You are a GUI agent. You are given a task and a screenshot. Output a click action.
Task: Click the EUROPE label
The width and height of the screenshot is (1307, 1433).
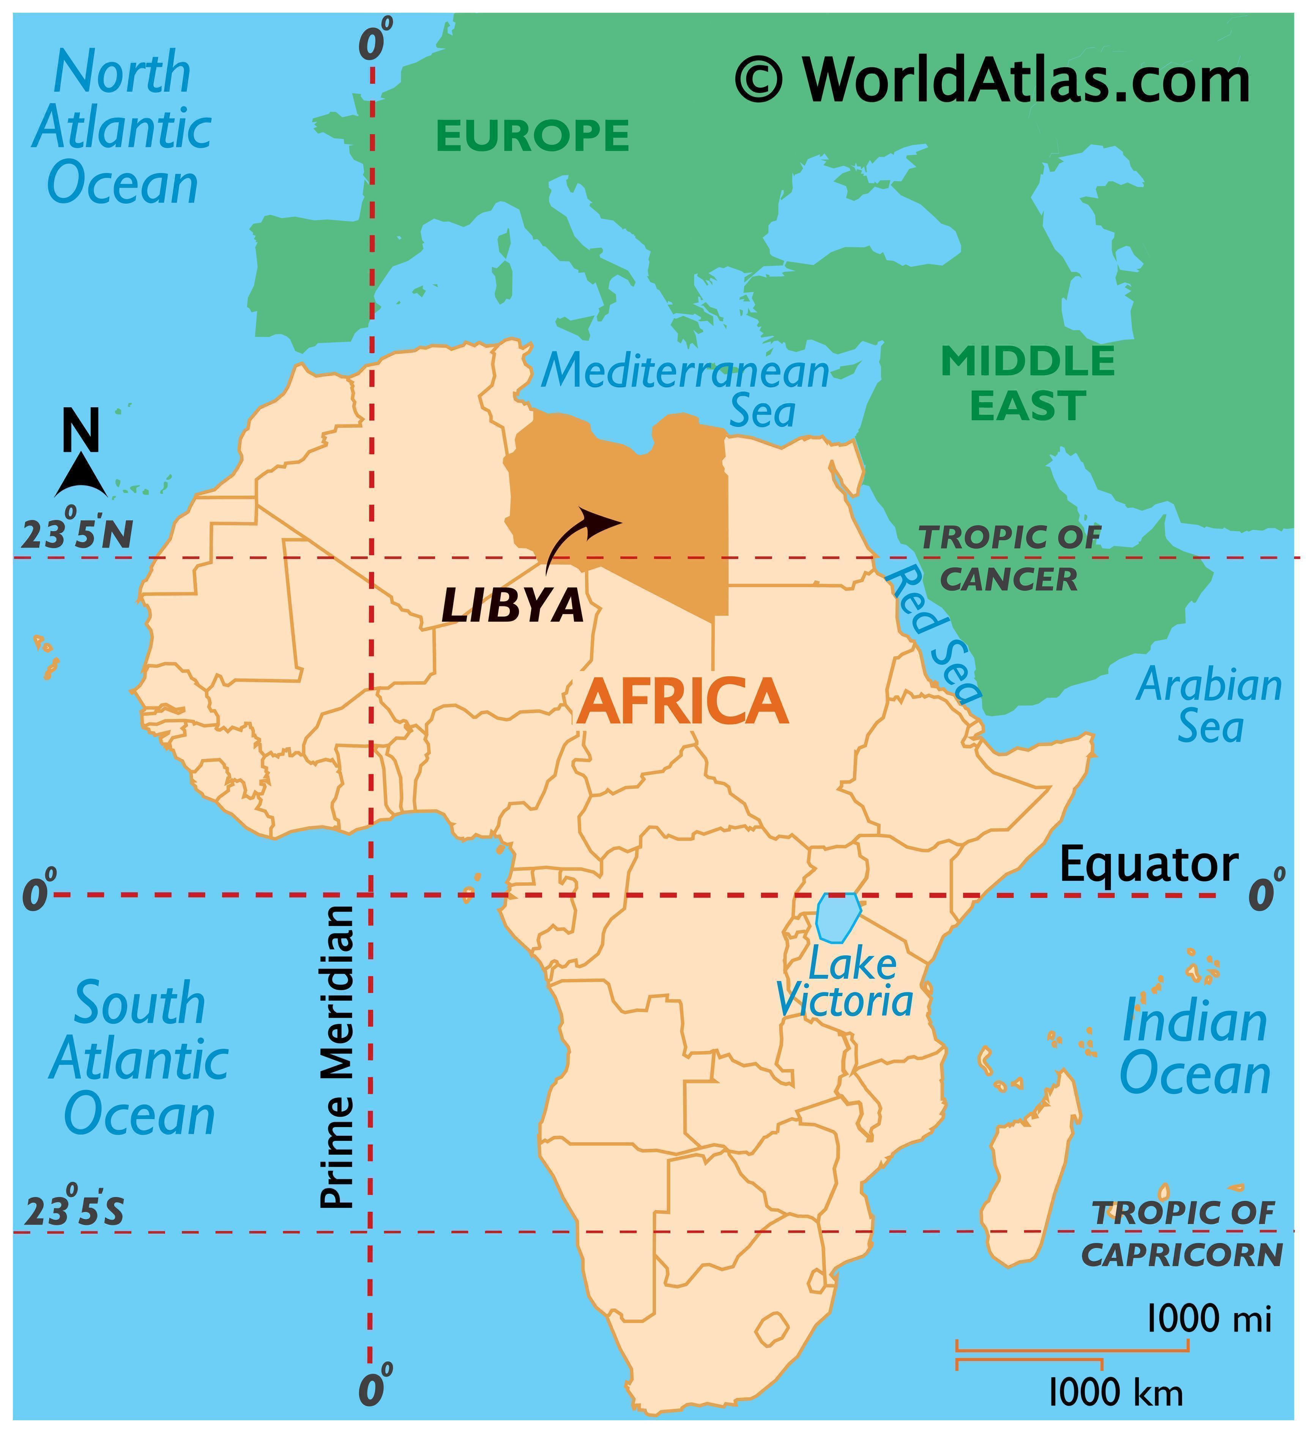(533, 136)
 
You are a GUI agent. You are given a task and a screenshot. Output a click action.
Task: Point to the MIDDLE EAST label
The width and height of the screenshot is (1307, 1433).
(1028, 383)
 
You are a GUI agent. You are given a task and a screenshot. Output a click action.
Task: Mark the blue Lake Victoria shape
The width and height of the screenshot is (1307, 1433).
(838, 917)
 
